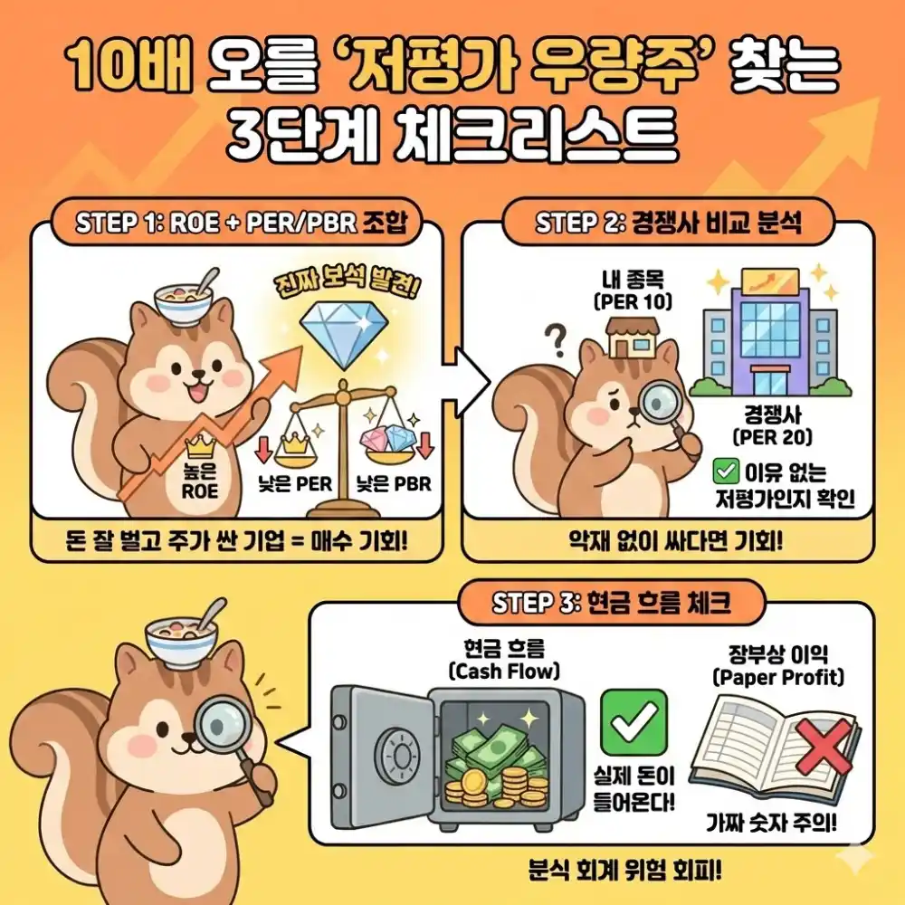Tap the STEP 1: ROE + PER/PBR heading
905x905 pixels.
click(x=237, y=224)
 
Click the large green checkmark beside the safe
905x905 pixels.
click(x=633, y=720)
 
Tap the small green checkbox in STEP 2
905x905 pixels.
click(x=724, y=471)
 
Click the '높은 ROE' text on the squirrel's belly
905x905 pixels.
click(x=200, y=482)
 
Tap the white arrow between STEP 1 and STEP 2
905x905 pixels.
click(x=469, y=370)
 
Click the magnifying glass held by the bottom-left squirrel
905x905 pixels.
click(x=225, y=727)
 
